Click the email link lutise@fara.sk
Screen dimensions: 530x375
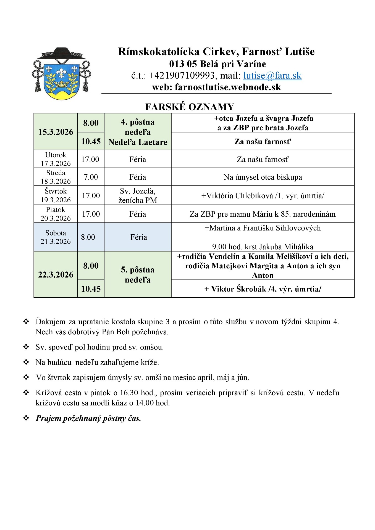pos(272,76)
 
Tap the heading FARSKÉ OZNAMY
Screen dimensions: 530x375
pos(190,107)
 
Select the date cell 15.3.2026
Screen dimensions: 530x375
pos(56,132)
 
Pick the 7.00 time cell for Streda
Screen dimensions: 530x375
pos(91,177)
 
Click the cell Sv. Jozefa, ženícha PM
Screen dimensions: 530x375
pos(138,195)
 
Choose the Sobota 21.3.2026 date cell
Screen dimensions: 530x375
pos(56,237)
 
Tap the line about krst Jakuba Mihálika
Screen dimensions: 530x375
pos(263,247)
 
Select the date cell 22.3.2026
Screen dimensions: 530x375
pos(56,275)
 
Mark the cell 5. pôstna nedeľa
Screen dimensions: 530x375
pos(138,275)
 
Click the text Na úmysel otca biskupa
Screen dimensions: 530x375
pos(263,177)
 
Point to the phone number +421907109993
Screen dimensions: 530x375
pos(182,76)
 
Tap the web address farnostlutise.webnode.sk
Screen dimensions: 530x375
pos(228,87)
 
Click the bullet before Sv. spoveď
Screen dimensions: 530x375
pos(26,347)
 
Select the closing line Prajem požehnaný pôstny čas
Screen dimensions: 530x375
pos(88,418)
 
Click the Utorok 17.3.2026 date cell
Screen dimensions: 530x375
pos(56,159)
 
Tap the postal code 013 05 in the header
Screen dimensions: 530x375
pos(183,64)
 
